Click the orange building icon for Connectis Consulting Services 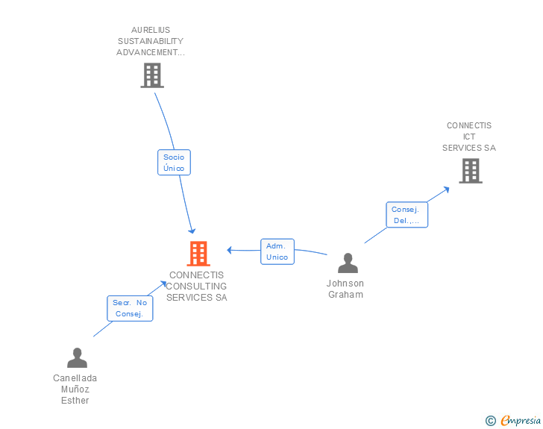[198, 254]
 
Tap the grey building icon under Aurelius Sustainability [152, 75]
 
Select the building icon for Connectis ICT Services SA [470, 171]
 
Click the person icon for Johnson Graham [348, 263]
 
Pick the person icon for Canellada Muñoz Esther [77, 358]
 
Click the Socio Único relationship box [174, 163]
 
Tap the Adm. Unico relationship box [277, 251]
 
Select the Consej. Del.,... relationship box [407, 215]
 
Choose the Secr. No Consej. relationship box [130, 308]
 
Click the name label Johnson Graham [345, 289]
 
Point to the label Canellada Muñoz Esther [75, 389]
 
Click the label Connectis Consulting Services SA [196, 286]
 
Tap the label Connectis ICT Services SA [469, 137]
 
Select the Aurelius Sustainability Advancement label [151, 42]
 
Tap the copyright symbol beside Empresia [490, 421]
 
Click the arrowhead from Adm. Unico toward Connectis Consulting [230, 249]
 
